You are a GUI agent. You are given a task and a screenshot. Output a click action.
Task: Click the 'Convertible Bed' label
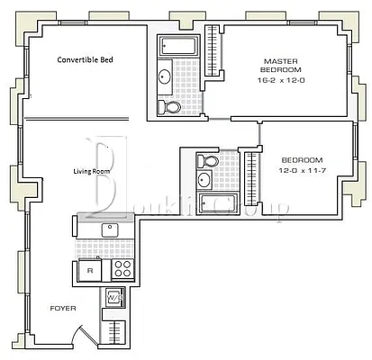pos(90,60)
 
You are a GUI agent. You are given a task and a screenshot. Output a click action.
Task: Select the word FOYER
pos(62,309)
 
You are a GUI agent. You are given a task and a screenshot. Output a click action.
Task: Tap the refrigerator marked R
pos(90,269)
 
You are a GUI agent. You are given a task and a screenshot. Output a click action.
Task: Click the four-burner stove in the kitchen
pos(123,269)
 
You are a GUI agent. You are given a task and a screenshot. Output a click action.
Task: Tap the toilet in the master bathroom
pos(168,107)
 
